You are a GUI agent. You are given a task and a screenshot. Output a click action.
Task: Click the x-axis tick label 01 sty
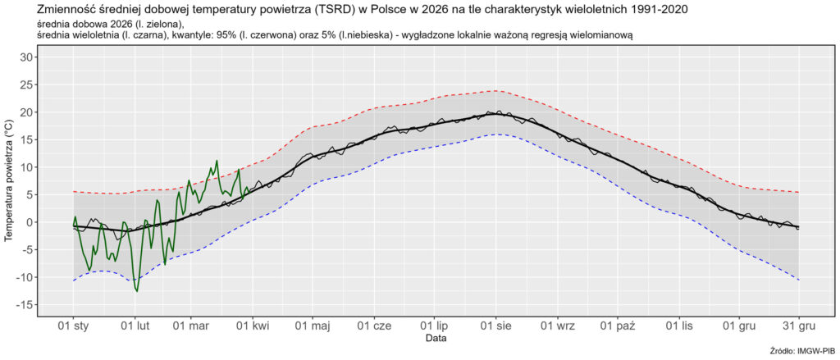(73, 326)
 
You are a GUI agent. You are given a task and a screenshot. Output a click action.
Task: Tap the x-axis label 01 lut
(135, 326)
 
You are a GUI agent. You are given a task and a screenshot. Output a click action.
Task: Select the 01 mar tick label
(192, 326)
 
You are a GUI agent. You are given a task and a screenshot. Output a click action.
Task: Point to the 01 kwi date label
(253, 326)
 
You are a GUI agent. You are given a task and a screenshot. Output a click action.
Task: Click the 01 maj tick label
(313, 326)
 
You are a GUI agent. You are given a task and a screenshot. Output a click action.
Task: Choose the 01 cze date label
(375, 326)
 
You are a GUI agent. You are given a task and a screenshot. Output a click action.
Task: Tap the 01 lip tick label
(435, 326)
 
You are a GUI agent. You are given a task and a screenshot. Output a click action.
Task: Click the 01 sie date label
(496, 326)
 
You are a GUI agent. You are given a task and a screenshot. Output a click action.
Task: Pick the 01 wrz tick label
(558, 326)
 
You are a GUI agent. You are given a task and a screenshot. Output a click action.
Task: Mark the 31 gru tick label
(798, 326)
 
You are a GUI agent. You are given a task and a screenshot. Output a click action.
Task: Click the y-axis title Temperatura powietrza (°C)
(9, 181)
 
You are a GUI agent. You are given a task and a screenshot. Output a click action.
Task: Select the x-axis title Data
(436, 338)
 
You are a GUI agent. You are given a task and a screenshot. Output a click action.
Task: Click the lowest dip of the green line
(137, 290)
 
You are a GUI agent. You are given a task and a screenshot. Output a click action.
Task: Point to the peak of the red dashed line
(495, 91)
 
